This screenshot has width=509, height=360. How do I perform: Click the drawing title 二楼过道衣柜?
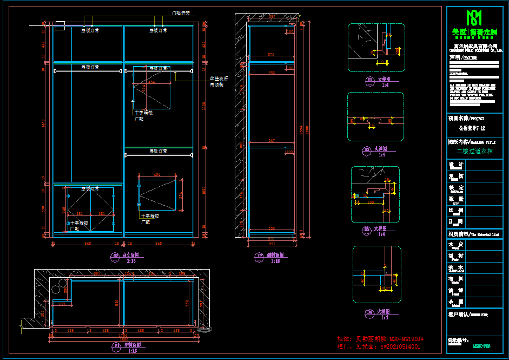pos(474,151)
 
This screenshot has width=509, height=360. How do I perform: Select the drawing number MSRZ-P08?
pos(481,345)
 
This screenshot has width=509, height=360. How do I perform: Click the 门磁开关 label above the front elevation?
pos(181,13)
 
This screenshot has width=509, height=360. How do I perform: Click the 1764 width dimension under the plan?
pos(123,335)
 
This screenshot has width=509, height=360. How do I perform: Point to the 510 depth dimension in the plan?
pos(117,303)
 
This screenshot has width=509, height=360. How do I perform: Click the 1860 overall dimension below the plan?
pos(123,339)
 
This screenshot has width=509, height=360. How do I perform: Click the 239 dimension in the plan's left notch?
pos(61,304)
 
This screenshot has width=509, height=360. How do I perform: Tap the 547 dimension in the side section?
pos(272,141)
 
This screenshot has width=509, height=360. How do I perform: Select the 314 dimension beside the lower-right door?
pos(181,194)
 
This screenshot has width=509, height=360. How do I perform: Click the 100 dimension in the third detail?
pos(371,202)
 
